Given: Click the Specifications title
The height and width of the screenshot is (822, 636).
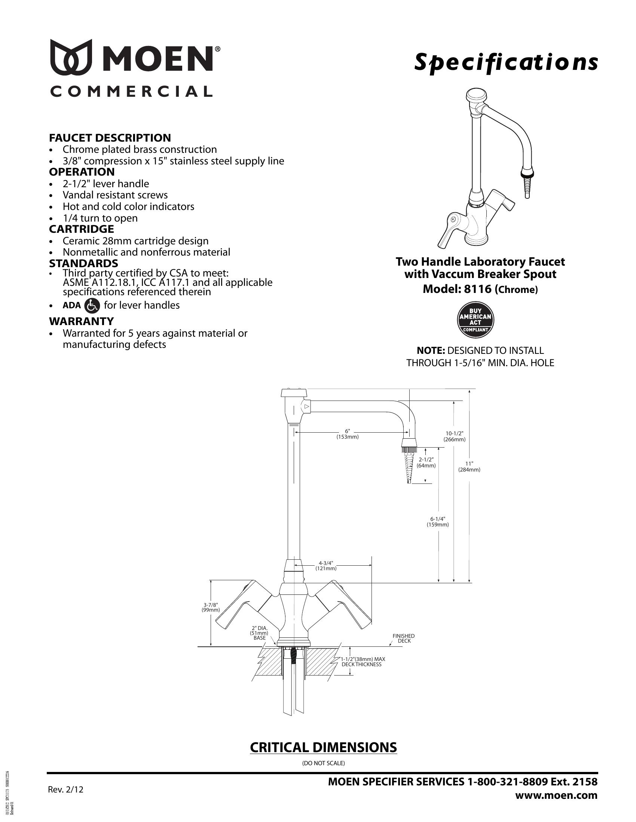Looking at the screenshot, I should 506,62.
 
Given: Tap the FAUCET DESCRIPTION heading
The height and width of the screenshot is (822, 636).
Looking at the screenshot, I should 110,138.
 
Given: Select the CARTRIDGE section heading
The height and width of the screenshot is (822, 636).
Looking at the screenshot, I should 82,229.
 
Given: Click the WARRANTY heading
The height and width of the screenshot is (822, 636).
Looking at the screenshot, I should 81,321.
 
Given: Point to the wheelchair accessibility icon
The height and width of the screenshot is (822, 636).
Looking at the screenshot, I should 92,305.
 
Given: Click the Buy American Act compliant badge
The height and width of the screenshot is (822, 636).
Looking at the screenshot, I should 475,320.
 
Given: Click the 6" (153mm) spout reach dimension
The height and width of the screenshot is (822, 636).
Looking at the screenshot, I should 347,434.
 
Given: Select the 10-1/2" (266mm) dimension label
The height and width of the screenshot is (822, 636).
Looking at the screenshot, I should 455,436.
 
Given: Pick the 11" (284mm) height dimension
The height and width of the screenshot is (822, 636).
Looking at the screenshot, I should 469,467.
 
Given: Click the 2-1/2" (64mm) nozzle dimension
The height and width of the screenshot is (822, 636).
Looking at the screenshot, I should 426,463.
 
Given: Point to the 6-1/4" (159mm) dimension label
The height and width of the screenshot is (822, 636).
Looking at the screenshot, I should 437,522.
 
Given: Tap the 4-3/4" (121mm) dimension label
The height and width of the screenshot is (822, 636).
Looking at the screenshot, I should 325,566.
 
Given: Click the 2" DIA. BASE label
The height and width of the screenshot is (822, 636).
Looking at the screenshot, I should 259,633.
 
